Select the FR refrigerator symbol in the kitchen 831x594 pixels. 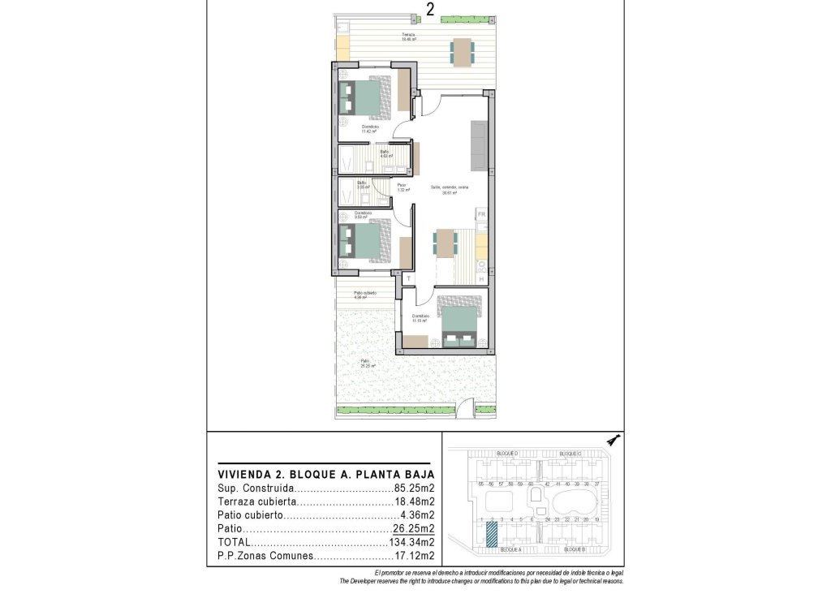[x=481, y=214]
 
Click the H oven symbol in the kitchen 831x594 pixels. [x=481, y=279]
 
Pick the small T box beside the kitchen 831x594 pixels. [x=409, y=279]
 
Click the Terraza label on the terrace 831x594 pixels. [x=408, y=35]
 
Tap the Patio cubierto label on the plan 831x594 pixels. [x=365, y=294]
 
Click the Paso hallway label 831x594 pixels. [x=402, y=186]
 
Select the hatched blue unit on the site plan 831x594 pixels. [x=492, y=535]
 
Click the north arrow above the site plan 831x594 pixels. [x=613, y=440]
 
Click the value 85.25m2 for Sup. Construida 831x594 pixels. [x=414, y=489]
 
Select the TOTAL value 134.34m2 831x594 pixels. [x=411, y=542]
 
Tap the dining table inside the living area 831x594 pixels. [x=446, y=242]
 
